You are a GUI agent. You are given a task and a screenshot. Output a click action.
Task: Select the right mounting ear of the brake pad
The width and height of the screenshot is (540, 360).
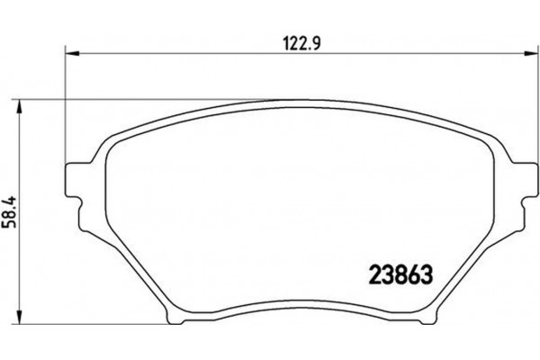(518, 179)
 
